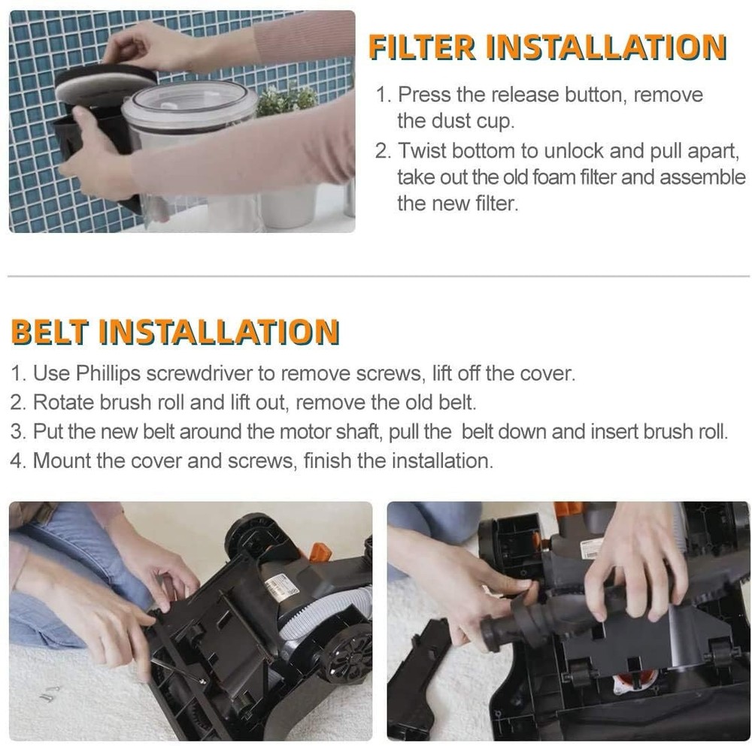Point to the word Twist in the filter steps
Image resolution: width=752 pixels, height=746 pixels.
click(421, 150)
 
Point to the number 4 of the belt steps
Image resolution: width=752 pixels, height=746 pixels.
click(17, 461)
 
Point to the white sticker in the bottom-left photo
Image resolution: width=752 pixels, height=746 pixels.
click(282, 587)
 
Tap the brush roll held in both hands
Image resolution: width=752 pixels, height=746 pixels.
click(541, 609)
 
